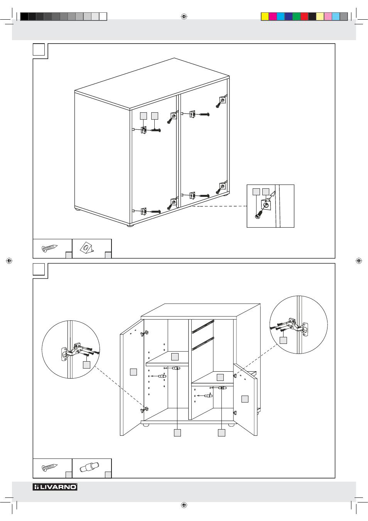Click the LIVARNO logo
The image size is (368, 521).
[55, 487]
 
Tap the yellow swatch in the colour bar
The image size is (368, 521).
[265, 17]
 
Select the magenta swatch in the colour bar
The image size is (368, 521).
[273, 17]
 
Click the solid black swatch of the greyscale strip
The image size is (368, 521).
[24, 17]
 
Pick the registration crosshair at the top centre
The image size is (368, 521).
[184, 17]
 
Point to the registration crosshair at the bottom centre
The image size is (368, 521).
[184, 505]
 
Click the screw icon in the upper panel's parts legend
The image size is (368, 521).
[49, 249]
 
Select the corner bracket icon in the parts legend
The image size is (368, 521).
[86, 248]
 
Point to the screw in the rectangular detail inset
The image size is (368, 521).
[260, 214]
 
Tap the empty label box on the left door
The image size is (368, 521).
[133, 372]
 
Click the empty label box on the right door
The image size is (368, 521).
[245, 399]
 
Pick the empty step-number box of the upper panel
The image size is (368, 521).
[39, 49]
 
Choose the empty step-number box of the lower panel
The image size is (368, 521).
[39, 269]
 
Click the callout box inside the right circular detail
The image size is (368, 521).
[283, 340]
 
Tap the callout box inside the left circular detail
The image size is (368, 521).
[86, 365]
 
